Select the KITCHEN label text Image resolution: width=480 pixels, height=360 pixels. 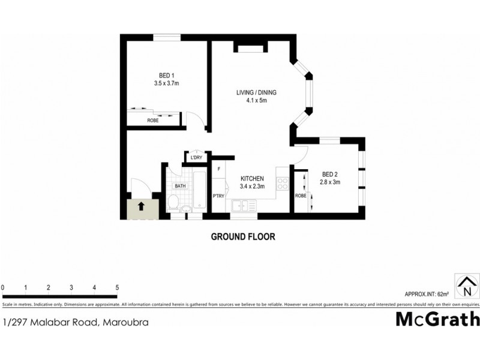[x=252, y=178]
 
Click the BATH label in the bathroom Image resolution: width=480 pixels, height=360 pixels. [x=181, y=186]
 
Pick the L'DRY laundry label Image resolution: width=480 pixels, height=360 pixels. [x=196, y=158]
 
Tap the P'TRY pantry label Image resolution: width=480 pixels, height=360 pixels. [x=218, y=196]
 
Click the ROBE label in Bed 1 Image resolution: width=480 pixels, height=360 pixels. [x=153, y=121]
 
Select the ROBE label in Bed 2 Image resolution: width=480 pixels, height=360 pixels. [x=301, y=196]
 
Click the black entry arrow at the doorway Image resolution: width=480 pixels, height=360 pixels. [x=142, y=206]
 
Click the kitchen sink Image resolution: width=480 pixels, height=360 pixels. [x=242, y=205]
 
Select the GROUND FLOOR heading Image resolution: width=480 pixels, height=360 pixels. [x=243, y=236]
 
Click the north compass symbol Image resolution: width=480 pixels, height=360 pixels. [x=467, y=286]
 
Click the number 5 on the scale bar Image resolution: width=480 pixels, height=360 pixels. [x=117, y=288]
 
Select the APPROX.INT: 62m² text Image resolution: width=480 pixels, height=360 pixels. [x=427, y=294]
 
